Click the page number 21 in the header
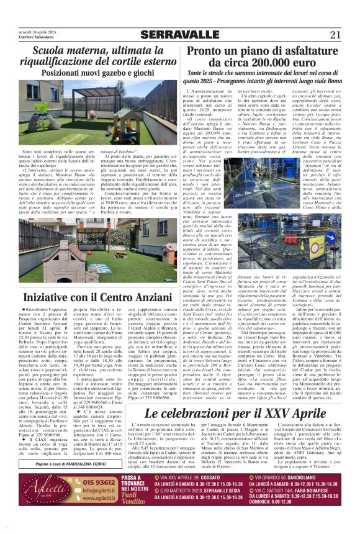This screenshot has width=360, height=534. tap(335, 35)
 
